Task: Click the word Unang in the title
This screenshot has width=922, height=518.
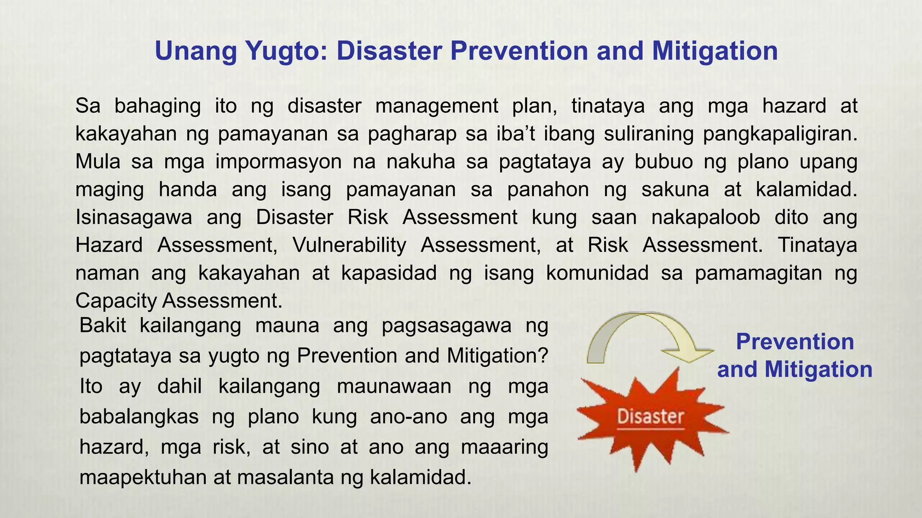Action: [x=196, y=51]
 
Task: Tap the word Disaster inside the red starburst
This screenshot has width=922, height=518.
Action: [x=651, y=416]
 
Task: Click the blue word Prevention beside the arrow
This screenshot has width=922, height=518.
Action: [x=795, y=342]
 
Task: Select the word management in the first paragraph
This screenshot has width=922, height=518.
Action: [x=436, y=106]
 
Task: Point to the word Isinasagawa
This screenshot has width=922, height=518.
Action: [x=134, y=217]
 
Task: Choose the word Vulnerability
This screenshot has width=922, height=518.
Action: [x=349, y=245]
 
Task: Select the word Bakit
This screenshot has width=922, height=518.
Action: [x=103, y=325]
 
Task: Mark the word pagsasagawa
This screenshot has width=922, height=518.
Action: [x=446, y=326]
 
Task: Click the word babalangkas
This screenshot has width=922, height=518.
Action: [x=139, y=416]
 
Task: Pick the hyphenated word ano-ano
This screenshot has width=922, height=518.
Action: [x=408, y=416]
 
